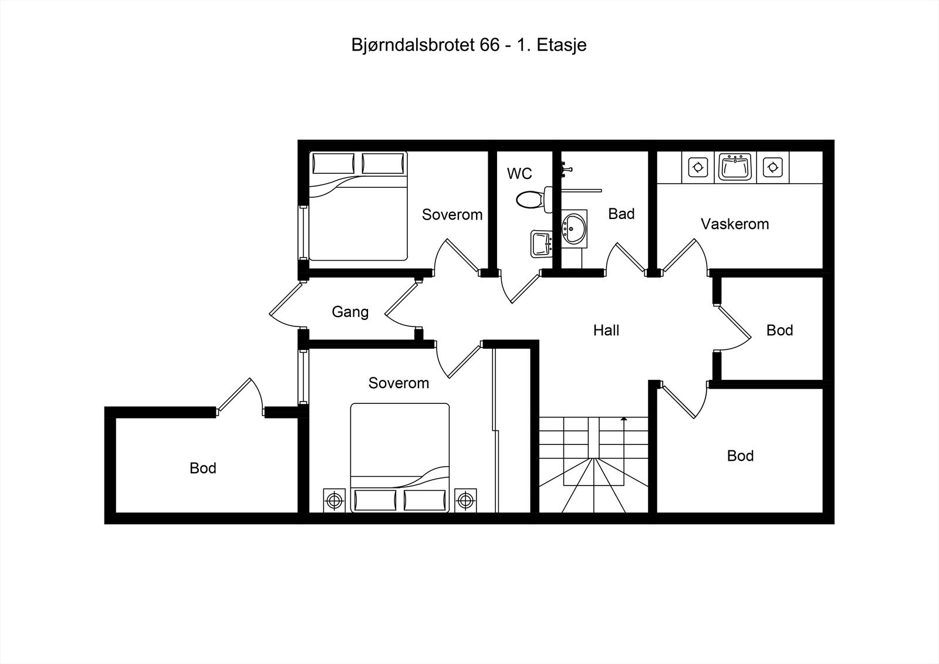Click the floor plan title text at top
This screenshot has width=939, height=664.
tap(469, 45)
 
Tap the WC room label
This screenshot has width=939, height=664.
tap(519, 173)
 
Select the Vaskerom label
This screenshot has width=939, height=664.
tap(735, 224)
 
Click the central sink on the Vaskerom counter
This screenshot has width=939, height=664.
tap(735, 167)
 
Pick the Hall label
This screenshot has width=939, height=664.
tap(606, 331)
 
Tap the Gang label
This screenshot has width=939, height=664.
tap(350, 312)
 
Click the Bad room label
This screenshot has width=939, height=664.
tap(621, 214)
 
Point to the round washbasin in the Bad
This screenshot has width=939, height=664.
tap(573, 228)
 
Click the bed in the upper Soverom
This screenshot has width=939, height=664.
tap(358, 205)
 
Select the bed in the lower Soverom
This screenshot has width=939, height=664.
tap(400, 458)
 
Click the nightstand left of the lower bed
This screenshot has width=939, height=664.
tap(335, 500)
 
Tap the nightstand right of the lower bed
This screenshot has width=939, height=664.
tap(465, 500)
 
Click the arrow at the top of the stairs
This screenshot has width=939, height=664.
tap(623, 419)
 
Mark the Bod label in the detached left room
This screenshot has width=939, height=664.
tap(203, 468)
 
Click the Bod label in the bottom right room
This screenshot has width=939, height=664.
tap(740, 456)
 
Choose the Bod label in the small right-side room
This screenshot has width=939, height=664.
tap(779, 331)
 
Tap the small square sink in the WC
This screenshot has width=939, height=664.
tap(541, 243)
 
